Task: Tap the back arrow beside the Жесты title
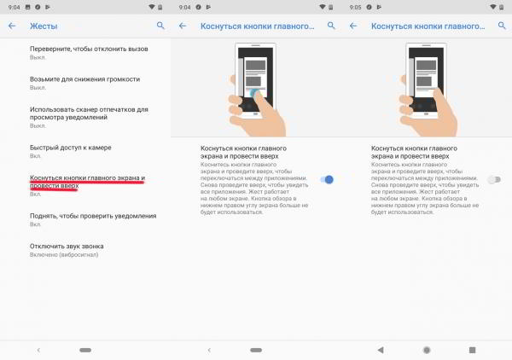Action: pos(11,26)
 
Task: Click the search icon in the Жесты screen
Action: pos(160,26)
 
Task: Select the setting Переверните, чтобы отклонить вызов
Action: pos(82,49)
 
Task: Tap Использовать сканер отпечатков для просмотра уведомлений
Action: pos(90,113)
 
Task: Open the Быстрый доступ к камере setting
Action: pos(71,148)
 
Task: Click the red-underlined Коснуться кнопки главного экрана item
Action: pos(88,182)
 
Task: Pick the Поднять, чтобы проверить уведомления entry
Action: pos(93,216)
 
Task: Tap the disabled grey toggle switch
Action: pos(496,179)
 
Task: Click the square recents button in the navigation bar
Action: pos(472,350)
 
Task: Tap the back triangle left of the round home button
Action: pos(381,350)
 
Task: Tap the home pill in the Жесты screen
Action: pos(84,350)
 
